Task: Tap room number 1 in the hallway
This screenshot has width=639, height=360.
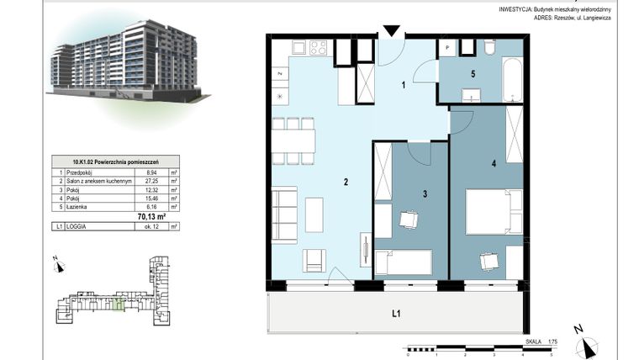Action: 404,84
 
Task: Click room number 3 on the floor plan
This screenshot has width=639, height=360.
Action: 425,194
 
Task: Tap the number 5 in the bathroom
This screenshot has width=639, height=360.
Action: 473,74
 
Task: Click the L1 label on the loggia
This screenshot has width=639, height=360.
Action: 397,315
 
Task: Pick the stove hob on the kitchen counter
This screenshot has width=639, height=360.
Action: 319,48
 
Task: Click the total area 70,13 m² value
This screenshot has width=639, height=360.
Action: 151,216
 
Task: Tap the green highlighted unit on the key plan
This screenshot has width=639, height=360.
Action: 119,304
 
